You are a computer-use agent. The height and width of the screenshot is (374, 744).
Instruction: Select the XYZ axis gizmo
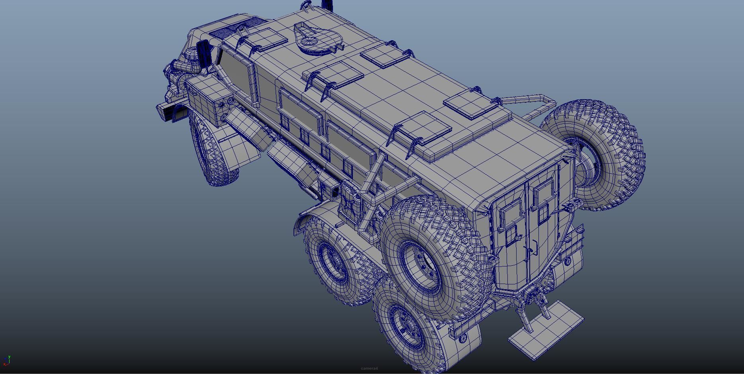click(6, 361)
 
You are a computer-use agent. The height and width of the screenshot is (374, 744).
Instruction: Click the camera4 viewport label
click(369, 368)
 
